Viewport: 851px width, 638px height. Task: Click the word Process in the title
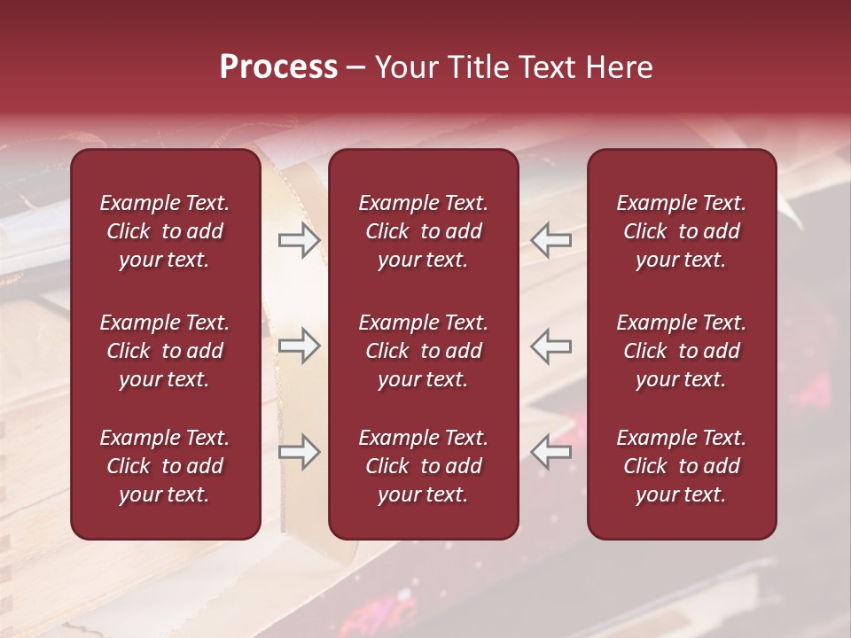(278, 67)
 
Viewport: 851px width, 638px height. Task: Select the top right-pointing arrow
(299, 239)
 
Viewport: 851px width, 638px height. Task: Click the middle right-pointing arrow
(299, 346)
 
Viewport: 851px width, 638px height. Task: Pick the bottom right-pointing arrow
(299, 452)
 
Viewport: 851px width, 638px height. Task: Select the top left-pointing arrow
(551, 239)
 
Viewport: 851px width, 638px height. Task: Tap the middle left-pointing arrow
(551, 346)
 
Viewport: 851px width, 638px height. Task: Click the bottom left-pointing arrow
(551, 452)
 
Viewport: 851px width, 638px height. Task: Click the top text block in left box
(165, 231)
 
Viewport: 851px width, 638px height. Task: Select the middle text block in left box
(165, 351)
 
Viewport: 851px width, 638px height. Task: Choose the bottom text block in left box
(165, 466)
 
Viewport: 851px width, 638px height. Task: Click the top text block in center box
(423, 231)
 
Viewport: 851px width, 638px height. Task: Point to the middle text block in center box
(423, 351)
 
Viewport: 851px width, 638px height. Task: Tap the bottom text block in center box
(423, 466)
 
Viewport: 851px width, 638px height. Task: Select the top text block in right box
(681, 231)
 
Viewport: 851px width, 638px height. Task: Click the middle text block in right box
(681, 351)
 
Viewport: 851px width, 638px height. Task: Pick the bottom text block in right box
(681, 466)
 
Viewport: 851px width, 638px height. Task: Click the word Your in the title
(406, 67)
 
